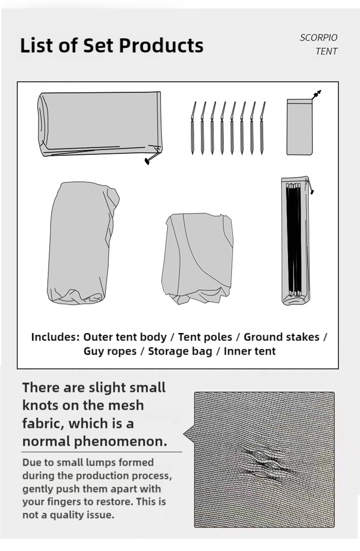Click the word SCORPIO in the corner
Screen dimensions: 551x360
(319, 38)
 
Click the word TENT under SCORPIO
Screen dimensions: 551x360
(326, 51)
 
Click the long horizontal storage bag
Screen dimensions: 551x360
(98, 123)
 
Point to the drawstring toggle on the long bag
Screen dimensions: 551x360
(147, 160)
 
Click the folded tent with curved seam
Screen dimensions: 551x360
(199, 257)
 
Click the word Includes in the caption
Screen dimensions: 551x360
(56, 337)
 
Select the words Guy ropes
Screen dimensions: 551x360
(110, 351)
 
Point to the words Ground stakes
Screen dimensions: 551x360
(281, 337)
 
